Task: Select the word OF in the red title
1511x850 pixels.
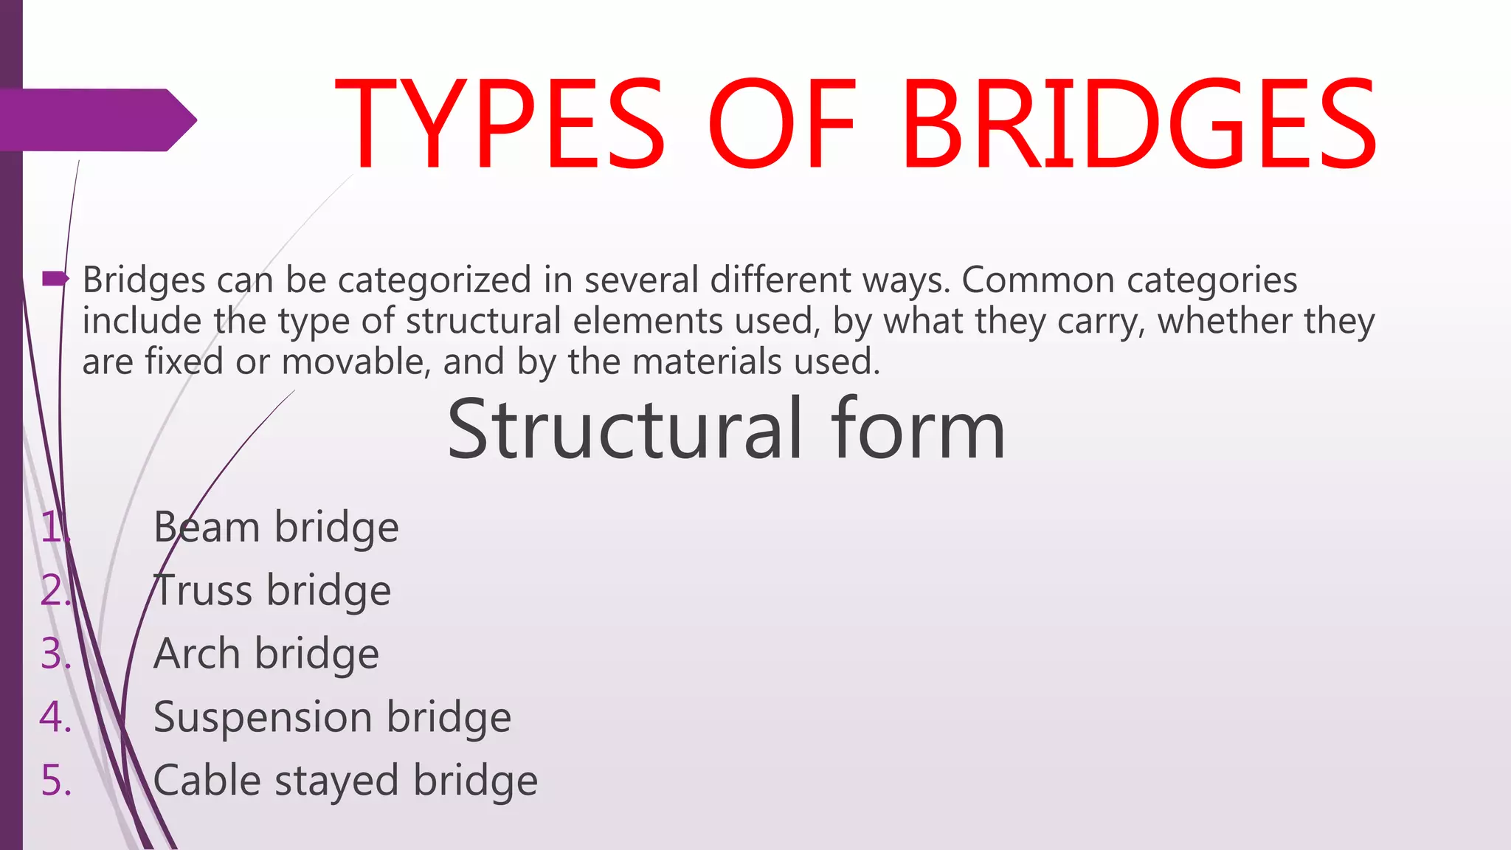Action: point(782,124)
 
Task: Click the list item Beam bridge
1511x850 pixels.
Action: point(276,528)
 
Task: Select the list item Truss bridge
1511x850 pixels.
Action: point(272,591)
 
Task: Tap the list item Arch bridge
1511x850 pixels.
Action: point(266,654)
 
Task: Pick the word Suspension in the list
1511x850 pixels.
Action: point(263,717)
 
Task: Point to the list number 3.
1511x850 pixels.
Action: point(56,654)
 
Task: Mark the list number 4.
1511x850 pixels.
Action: point(56,717)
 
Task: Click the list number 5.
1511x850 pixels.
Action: point(56,781)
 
